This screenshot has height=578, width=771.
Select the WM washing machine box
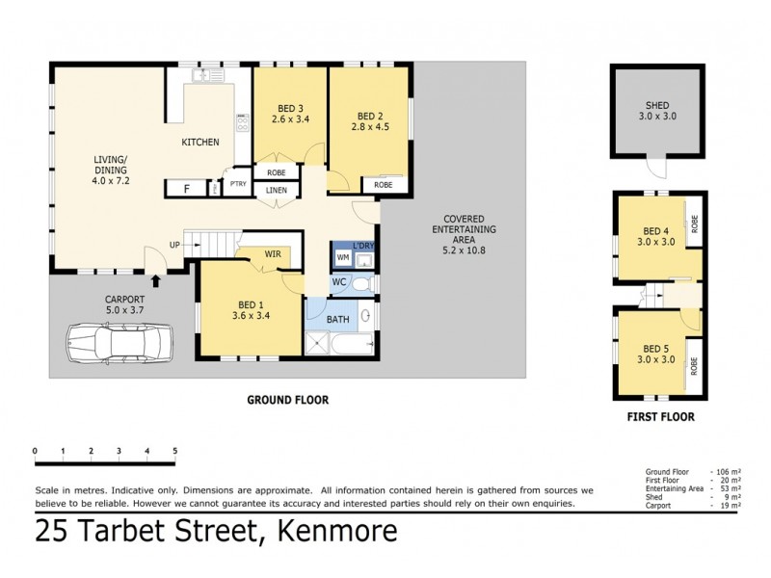(343, 258)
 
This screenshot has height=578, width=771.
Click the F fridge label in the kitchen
(187, 187)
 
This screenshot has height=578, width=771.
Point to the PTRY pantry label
(236, 185)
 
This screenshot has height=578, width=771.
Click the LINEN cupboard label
(276, 191)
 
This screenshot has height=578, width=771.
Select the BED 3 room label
(287, 108)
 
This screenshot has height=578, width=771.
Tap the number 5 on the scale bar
(174, 451)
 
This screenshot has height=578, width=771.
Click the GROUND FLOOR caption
(287, 400)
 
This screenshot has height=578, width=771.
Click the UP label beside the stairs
(175, 244)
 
